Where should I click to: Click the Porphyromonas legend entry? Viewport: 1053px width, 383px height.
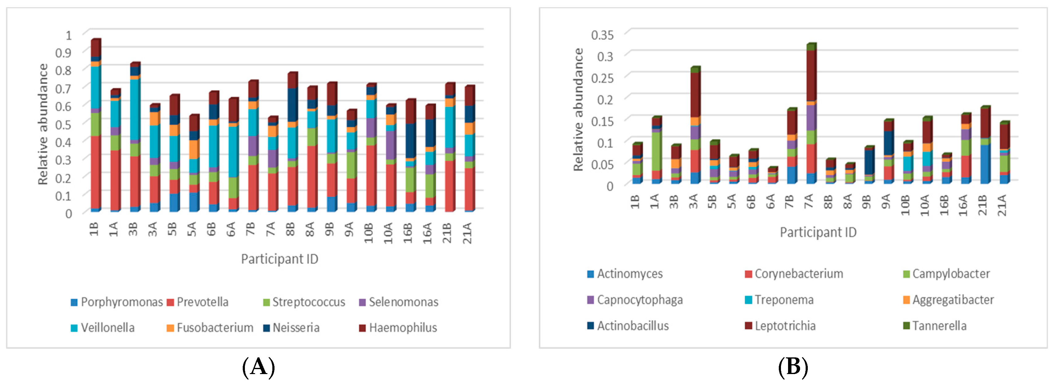[117, 302]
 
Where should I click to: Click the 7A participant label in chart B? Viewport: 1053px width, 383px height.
[809, 201]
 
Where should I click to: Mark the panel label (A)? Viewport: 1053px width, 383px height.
[258, 367]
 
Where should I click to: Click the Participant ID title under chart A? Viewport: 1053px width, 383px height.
[280, 259]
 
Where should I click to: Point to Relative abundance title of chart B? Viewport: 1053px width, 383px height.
[578, 109]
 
